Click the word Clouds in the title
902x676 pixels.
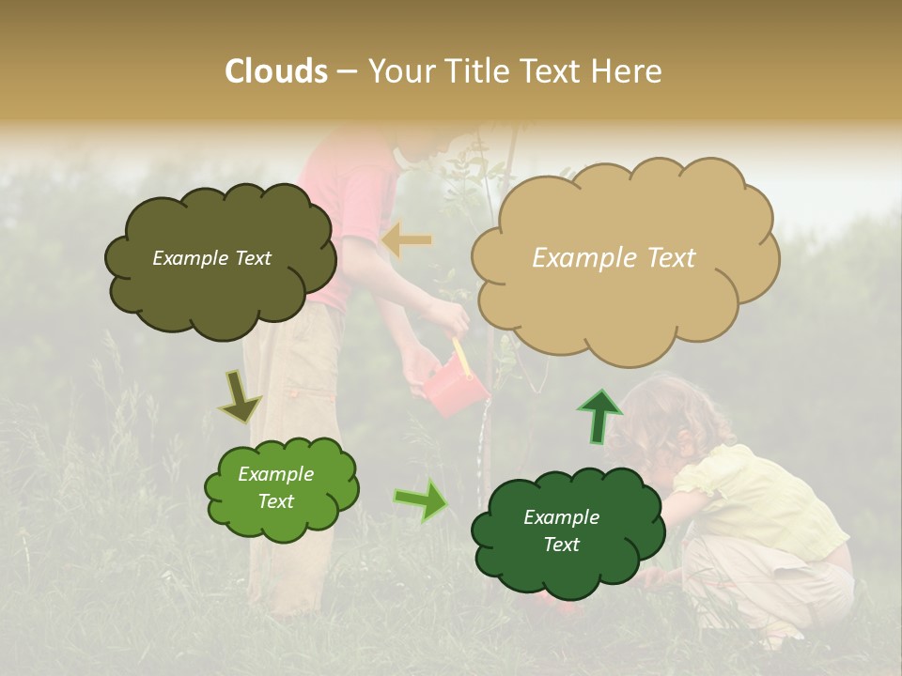(x=276, y=71)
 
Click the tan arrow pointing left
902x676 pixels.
(x=406, y=240)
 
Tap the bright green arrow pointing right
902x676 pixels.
(x=420, y=500)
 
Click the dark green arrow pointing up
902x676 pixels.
(x=599, y=416)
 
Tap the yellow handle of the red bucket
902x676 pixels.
(x=460, y=356)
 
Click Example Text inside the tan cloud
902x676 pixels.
(x=614, y=258)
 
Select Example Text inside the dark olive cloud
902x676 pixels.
(x=211, y=258)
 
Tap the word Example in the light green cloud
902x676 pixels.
(x=276, y=474)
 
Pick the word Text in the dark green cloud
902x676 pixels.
(x=562, y=545)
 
